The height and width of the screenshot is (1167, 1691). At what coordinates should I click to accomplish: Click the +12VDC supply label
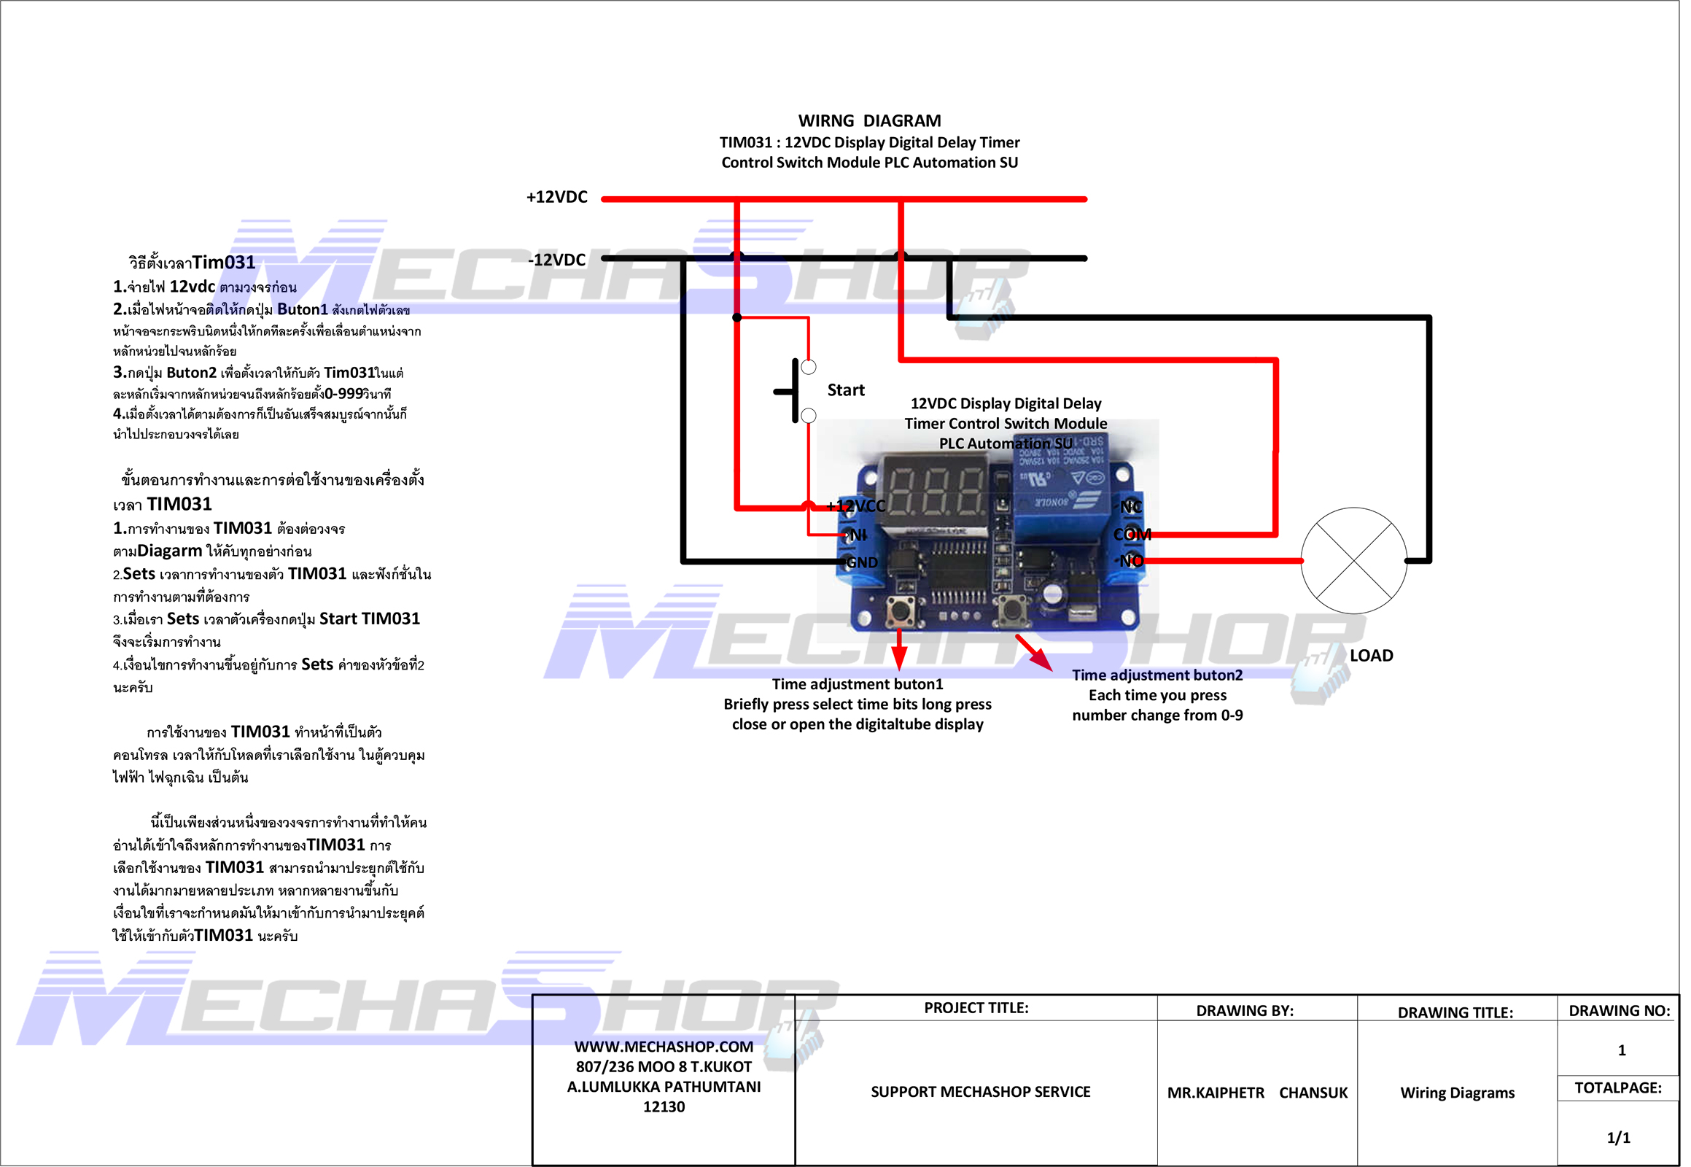(560, 198)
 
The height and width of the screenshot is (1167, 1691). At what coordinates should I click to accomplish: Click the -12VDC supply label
(560, 261)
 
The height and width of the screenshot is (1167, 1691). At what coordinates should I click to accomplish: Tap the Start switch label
(850, 392)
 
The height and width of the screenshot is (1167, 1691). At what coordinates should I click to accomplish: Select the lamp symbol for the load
(1361, 564)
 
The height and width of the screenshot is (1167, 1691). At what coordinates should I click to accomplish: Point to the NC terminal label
(1138, 510)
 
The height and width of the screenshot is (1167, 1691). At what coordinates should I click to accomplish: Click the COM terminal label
(1138, 538)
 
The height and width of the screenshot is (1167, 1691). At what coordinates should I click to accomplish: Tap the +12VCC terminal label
(860, 509)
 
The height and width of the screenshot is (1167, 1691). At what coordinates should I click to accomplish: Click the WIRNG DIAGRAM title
(874, 121)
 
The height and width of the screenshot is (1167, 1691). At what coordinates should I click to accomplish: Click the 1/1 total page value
(1628, 1144)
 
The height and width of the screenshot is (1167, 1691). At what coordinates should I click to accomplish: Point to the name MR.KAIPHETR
(1222, 1099)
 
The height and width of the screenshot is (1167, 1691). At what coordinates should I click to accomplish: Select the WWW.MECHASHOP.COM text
(667, 1053)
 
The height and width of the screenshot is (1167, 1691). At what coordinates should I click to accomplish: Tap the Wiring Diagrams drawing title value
(1466, 1099)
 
